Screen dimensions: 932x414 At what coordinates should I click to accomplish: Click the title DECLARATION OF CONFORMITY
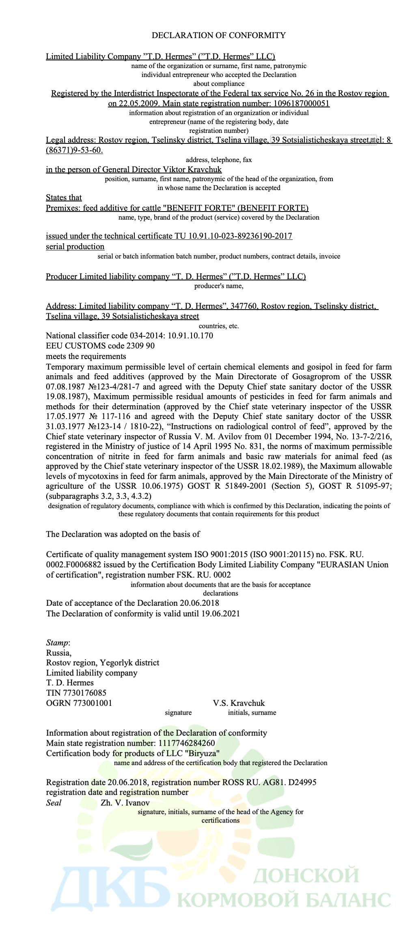218,35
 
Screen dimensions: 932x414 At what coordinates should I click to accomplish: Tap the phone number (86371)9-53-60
74,150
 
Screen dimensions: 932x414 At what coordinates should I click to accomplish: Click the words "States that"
64,197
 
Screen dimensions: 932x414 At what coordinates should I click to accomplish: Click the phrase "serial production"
75,246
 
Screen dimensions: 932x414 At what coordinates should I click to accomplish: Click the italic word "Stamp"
57,643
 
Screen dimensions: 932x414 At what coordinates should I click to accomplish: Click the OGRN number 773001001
93,703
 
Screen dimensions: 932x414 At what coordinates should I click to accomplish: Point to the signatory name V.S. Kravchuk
239,703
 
